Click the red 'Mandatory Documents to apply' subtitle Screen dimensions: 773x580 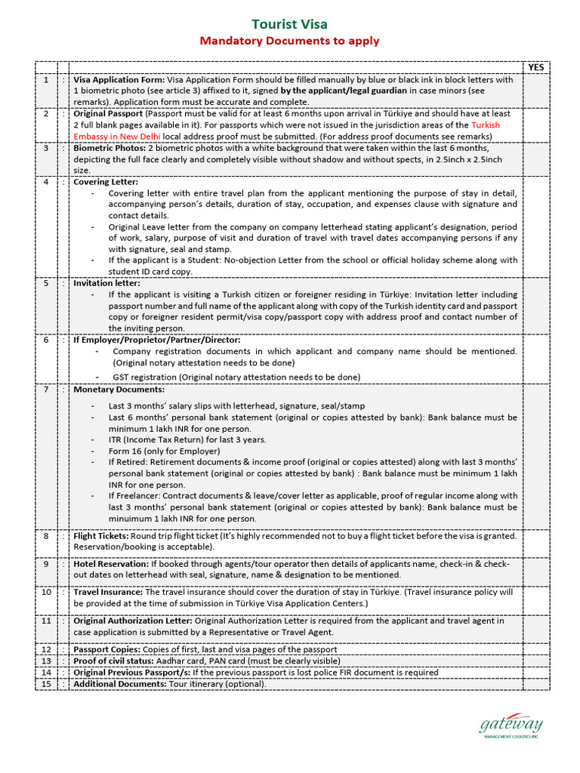289,41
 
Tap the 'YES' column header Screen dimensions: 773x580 535,67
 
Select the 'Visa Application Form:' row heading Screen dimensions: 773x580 119,79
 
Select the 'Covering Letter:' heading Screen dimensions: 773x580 106,182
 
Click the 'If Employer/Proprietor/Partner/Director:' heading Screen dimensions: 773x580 156,340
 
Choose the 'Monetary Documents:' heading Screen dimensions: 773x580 119,390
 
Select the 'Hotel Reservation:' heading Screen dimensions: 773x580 110,564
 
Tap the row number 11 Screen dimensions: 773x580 46,621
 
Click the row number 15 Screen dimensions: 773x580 46,684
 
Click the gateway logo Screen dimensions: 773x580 511,728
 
